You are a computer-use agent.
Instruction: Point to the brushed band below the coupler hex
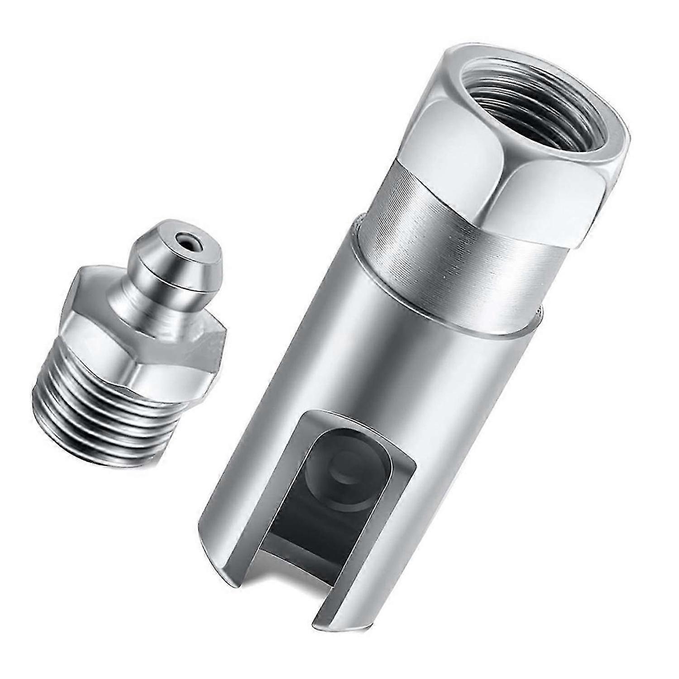(435, 235)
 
